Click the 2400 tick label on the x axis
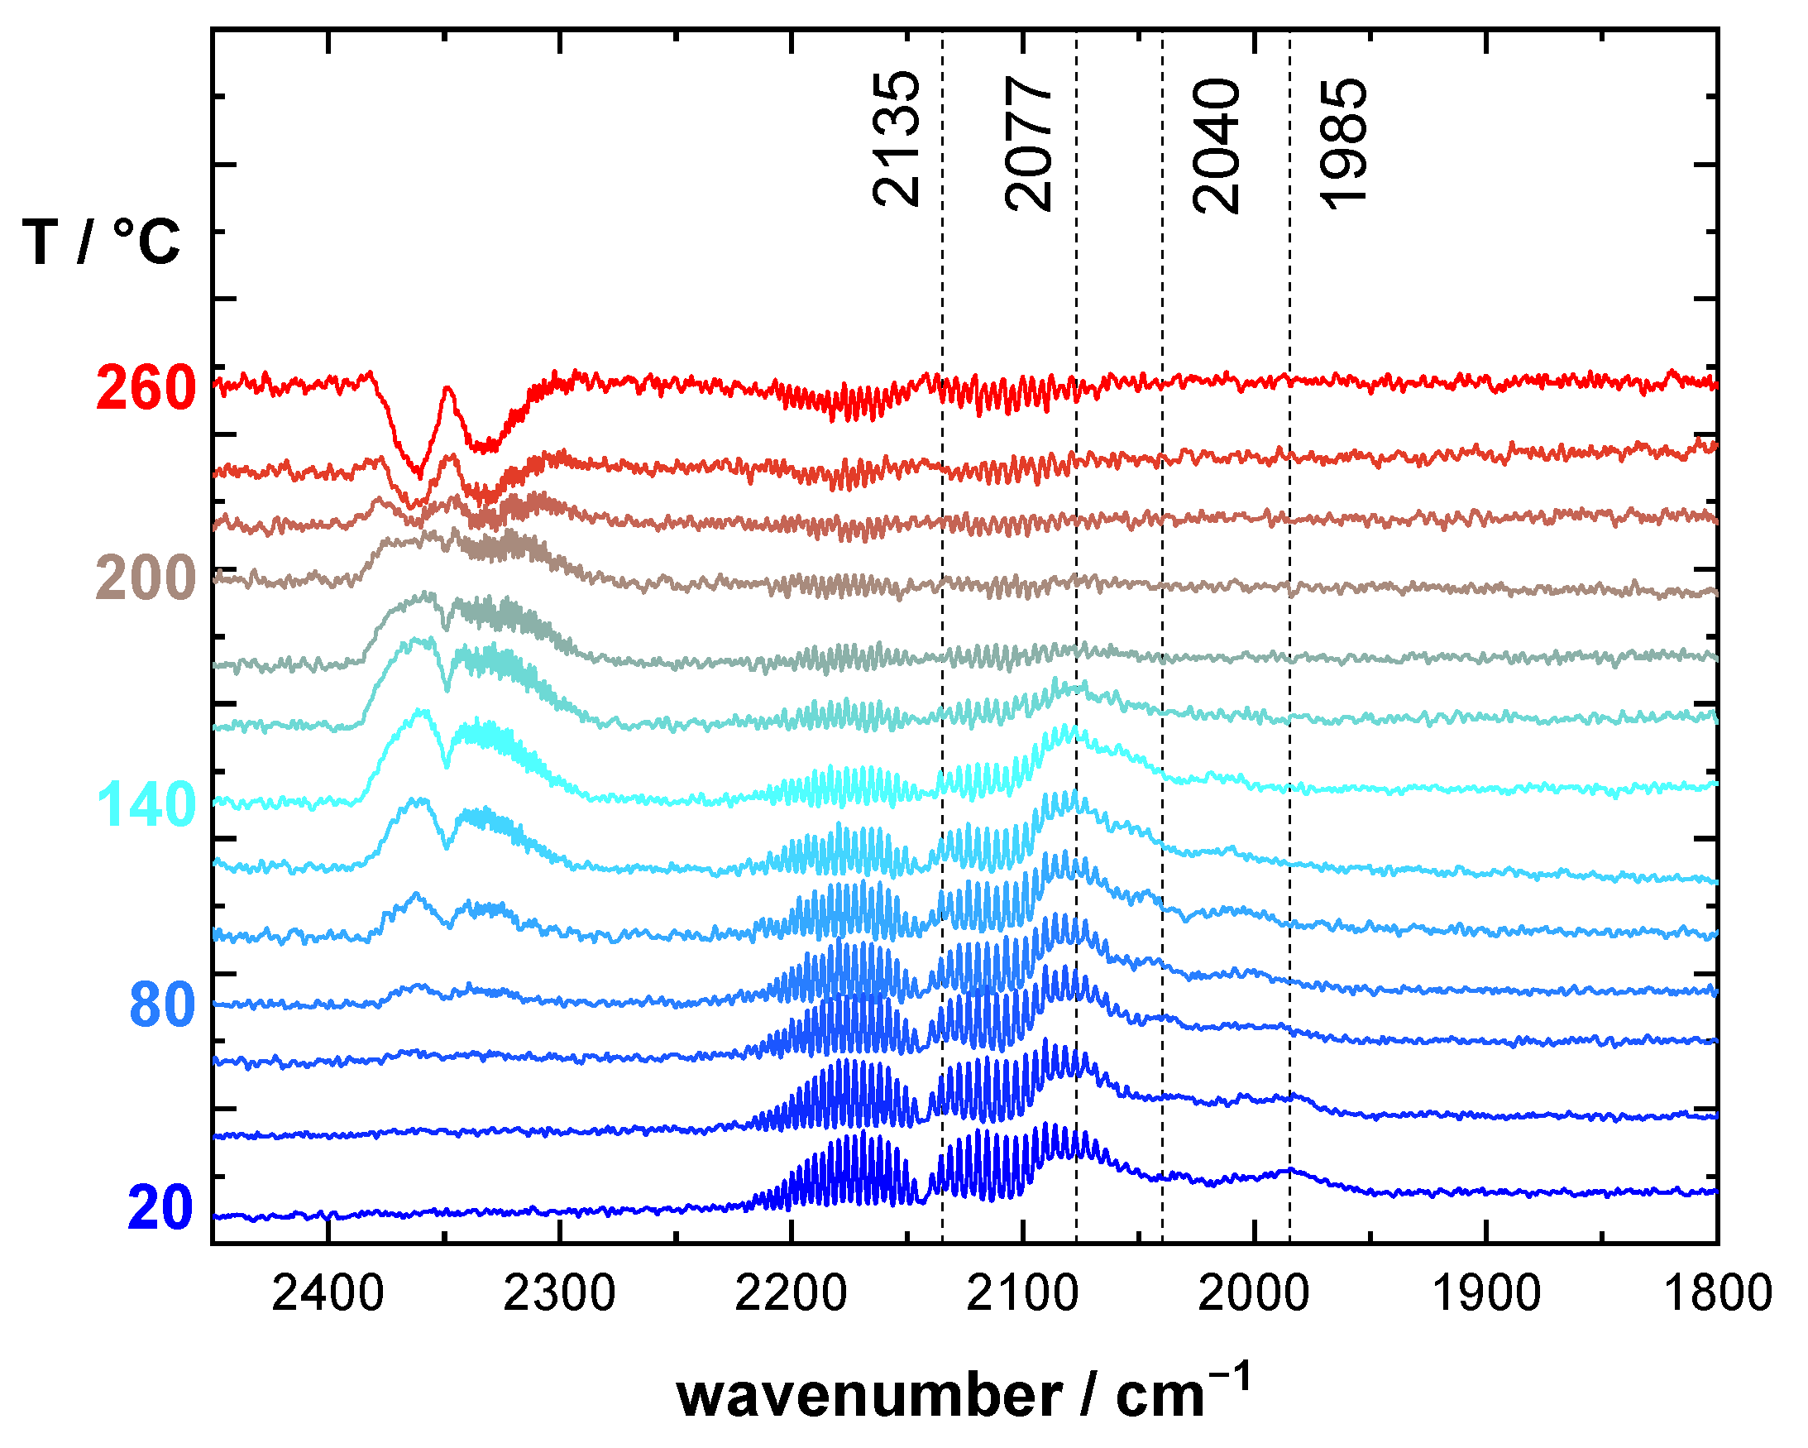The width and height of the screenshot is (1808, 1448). pos(328,1293)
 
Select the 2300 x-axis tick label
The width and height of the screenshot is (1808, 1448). pos(559,1293)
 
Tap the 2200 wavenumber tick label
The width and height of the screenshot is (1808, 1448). pos(791,1293)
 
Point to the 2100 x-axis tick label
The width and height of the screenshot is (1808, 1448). pos(1022,1293)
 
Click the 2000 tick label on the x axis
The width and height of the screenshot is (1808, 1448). pos(1254,1293)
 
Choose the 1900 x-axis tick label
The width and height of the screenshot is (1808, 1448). pos(1485,1293)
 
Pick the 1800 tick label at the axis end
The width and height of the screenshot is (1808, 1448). pos(1716,1293)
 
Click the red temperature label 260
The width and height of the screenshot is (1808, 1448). pos(146,389)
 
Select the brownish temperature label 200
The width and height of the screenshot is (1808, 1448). pos(146,579)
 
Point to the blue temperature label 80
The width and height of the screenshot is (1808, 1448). pos(163,1005)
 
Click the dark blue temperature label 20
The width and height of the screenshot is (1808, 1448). pos(161,1209)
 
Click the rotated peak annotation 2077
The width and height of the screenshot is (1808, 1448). pos(1028,142)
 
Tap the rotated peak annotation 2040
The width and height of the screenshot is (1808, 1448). pos(1216,146)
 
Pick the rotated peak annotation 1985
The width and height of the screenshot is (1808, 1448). pos(1344,142)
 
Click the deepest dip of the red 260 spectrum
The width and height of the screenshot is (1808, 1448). pos(419,474)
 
